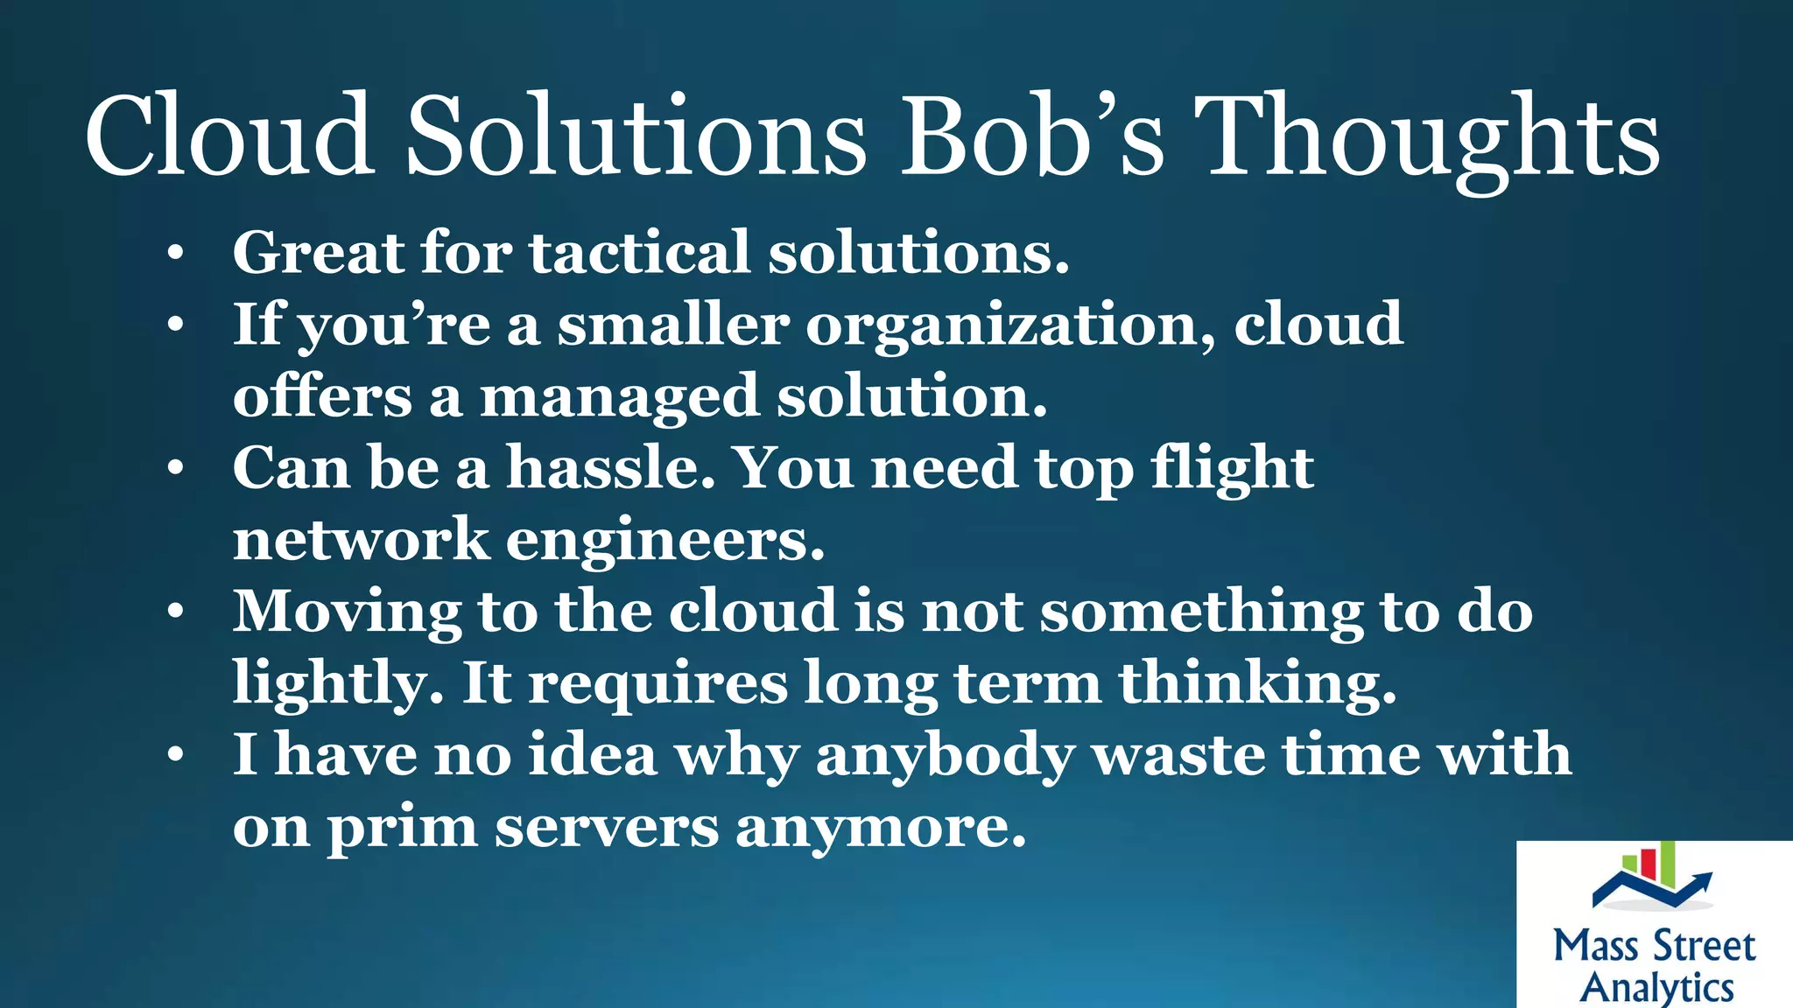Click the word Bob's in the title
[x=1033, y=136]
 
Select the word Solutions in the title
[x=636, y=136]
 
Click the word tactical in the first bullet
[x=639, y=253]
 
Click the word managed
[x=619, y=396]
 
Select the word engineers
[x=665, y=540]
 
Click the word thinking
[x=1257, y=683]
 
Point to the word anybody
[x=945, y=755]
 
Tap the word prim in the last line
[x=402, y=827]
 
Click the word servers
[x=606, y=827]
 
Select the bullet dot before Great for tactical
[x=176, y=254]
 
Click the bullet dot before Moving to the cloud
[x=176, y=612]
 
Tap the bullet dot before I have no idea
[x=176, y=755]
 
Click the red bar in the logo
[x=1647, y=863]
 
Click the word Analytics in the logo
[x=1656, y=987]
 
